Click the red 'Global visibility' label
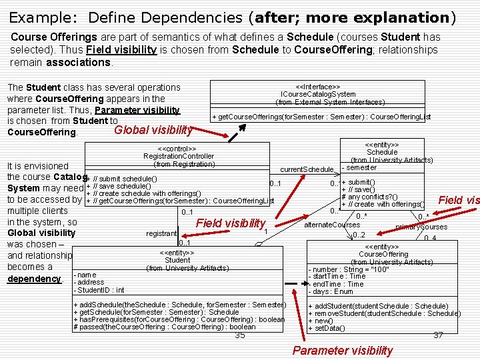(x=153, y=130)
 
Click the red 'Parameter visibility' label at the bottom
(x=342, y=351)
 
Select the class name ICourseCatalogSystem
(x=318, y=94)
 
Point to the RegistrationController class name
(x=179, y=156)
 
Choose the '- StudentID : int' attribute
(x=100, y=290)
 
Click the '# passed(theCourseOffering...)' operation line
(x=164, y=327)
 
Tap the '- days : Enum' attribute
(x=331, y=291)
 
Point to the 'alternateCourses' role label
(x=331, y=225)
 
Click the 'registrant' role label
(x=161, y=233)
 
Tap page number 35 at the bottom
(x=240, y=335)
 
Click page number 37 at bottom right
(x=437, y=335)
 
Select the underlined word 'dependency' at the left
(x=32, y=278)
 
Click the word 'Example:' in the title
(x=36, y=17)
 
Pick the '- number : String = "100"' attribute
(x=348, y=269)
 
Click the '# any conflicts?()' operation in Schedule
(x=370, y=197)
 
